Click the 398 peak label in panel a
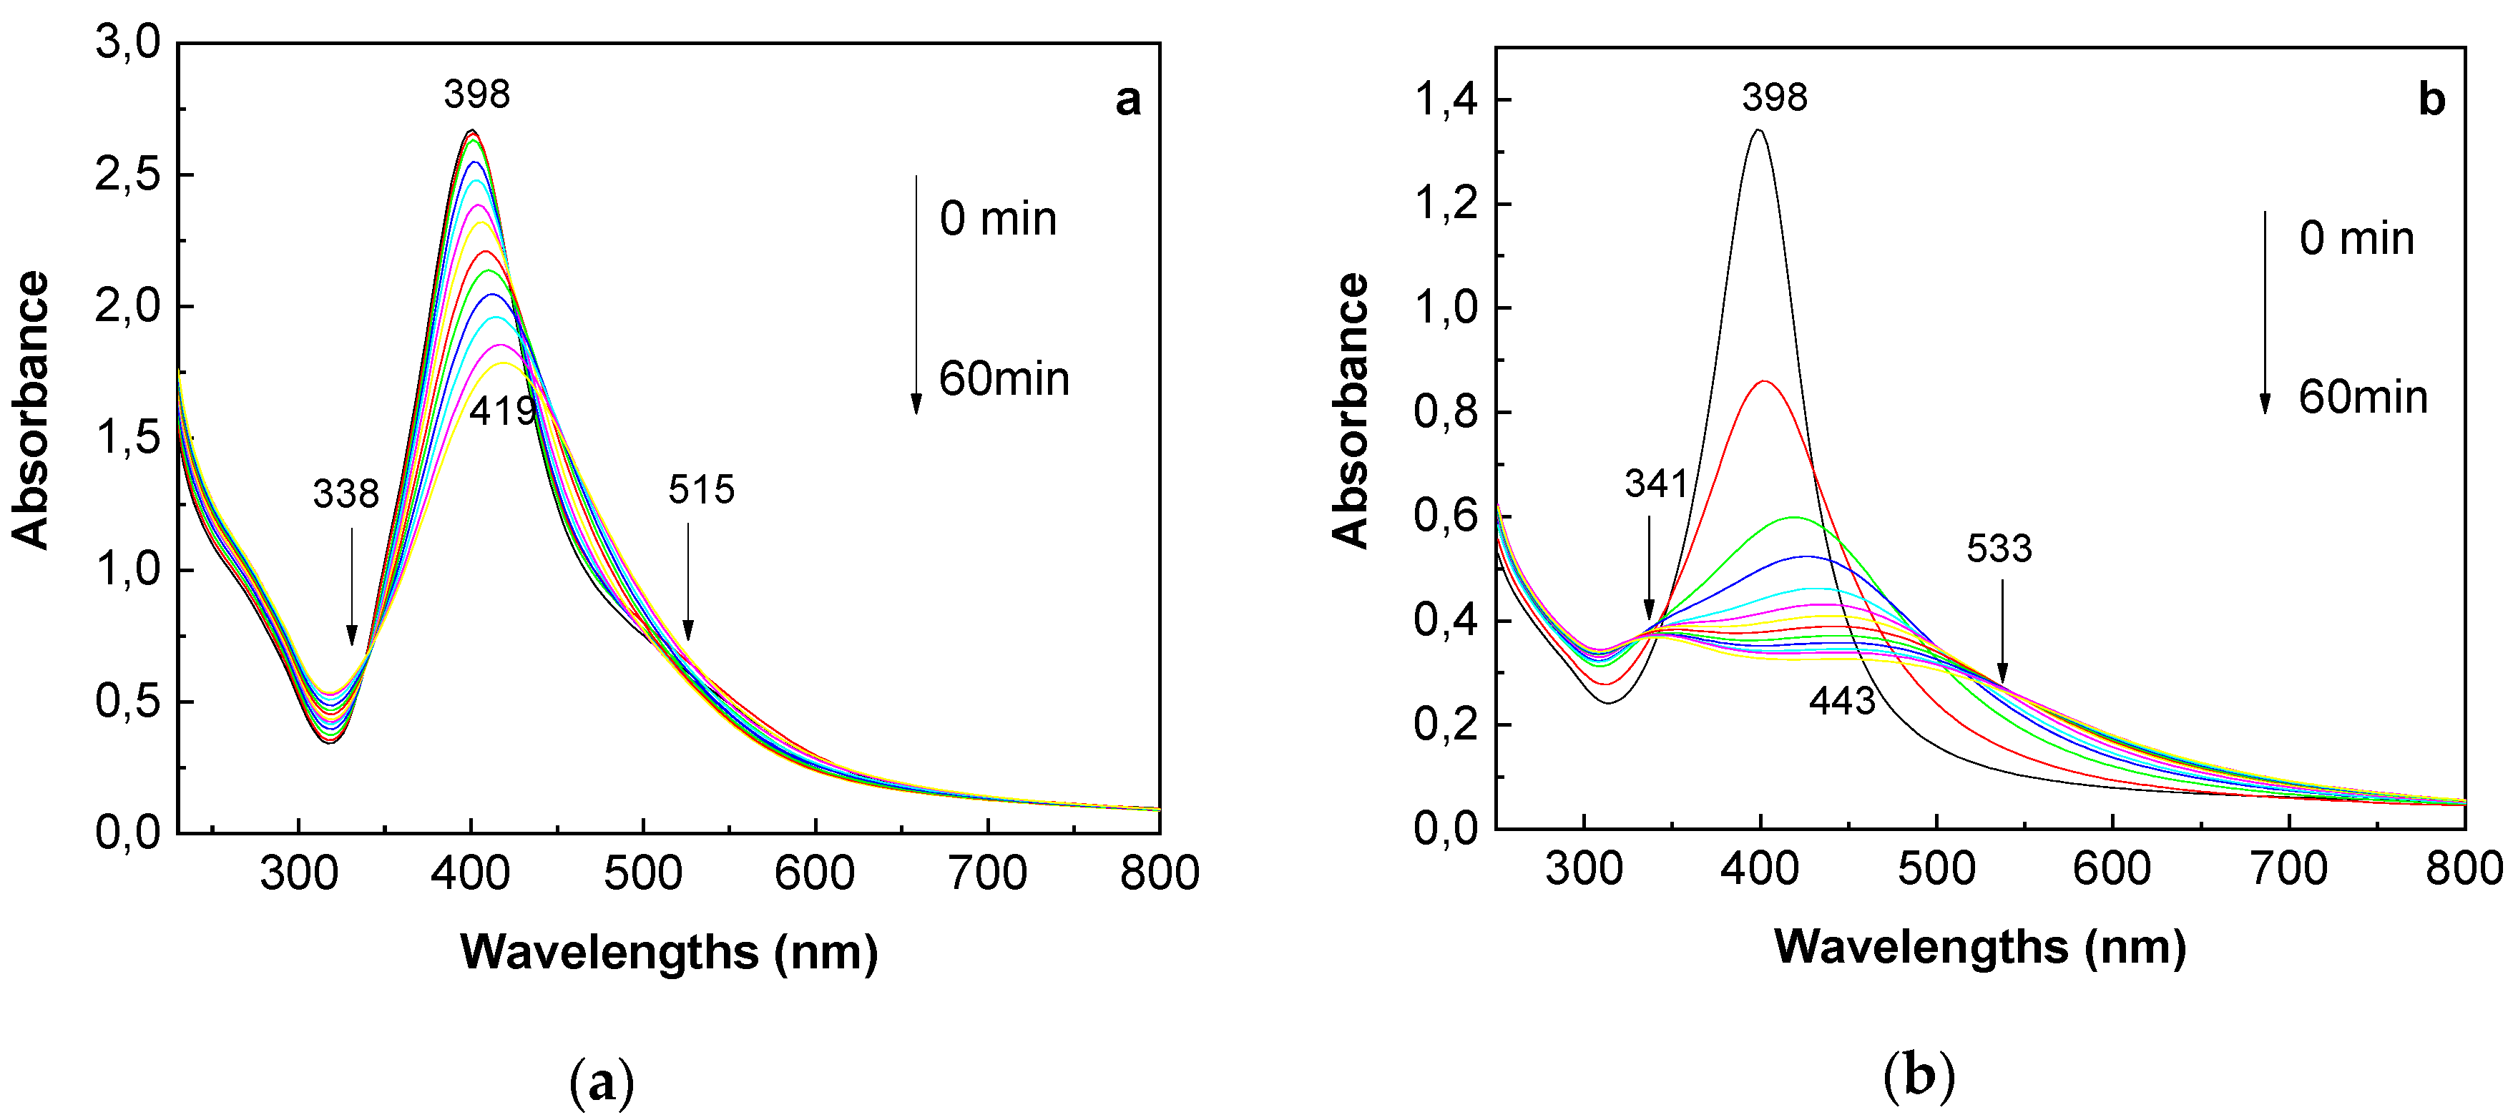click(477, 94)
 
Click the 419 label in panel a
click(502, 412)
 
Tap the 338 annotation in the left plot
click(346, 495)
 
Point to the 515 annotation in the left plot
click(700, 490)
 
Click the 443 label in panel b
click(1842, 700)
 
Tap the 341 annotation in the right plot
click(1655, 484)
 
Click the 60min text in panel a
click(1004, 380)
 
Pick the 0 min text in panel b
click(2356, 239)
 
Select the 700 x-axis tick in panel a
click(987, 873)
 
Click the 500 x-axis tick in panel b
click(1936, 868)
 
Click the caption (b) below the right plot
click(1919, 1078)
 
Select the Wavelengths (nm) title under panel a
click(670, 952)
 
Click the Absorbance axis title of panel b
click(1351, 410)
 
